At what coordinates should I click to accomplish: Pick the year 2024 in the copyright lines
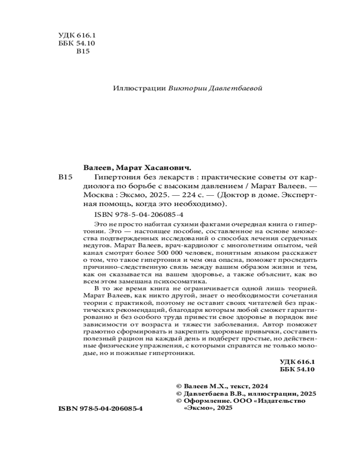(x=259, y=386)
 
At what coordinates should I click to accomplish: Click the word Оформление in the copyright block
(x=207, y=400)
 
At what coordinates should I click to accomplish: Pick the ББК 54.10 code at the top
(x=76, y=44)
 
